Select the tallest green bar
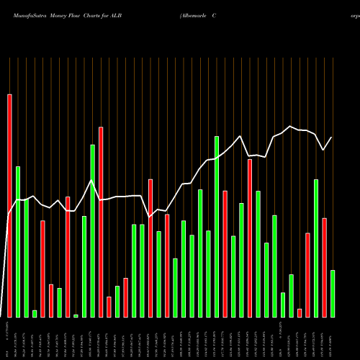pyautogui.click(x=217, y=226)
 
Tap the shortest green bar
pyautogui.click(x=76, y=315)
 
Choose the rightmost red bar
pyautogui.click(x=324, y=267)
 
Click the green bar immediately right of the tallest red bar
pyautogui.click(x=18, y=241)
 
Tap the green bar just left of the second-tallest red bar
pyautogui.click(x=92, y=230)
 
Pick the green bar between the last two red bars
pyautogui.click(x=316, y=248)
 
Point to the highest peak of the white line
pyautogui.click(x=291, y=127)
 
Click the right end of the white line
pyautogui.click(x=332, y=138)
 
